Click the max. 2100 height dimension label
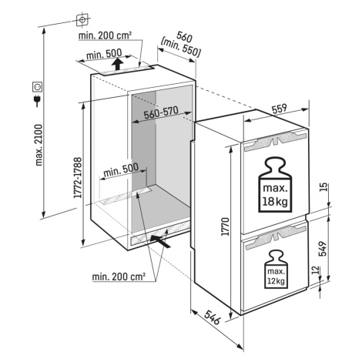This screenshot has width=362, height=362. coord(39,145)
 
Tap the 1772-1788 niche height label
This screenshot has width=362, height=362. coord(78,178)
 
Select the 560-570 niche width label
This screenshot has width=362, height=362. coord(161,112)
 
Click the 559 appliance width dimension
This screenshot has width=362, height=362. coord(280,109)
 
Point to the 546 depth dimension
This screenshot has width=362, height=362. coord(213,317)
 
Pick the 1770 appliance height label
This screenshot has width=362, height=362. coord(225,226)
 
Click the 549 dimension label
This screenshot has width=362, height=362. coord(323,249)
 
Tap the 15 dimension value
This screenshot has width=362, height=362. coord(324,186)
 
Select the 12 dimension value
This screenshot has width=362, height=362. coord(317,270)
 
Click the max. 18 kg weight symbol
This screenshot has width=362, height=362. coord(275,185)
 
